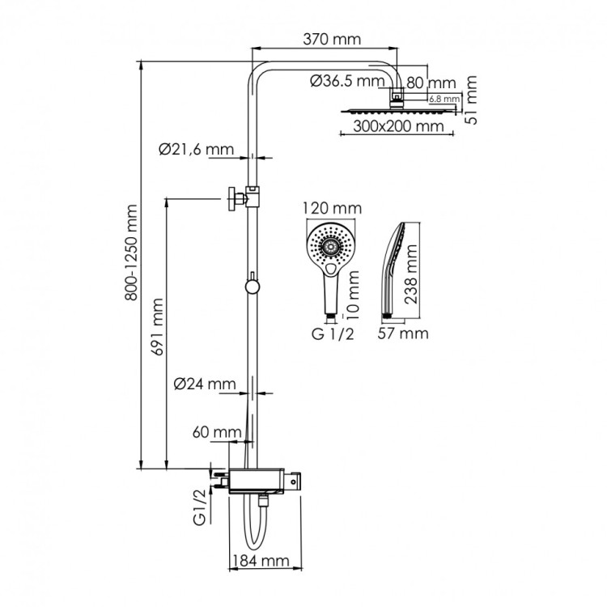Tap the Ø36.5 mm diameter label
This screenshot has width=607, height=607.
[x=346, y=80]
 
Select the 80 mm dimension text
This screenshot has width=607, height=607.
[x=431, y=83]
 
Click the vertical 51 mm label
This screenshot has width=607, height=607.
[x=473, y=100]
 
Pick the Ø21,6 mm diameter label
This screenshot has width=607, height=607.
[x=197, y=149]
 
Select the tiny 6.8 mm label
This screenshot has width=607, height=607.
[x=444, y=99]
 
